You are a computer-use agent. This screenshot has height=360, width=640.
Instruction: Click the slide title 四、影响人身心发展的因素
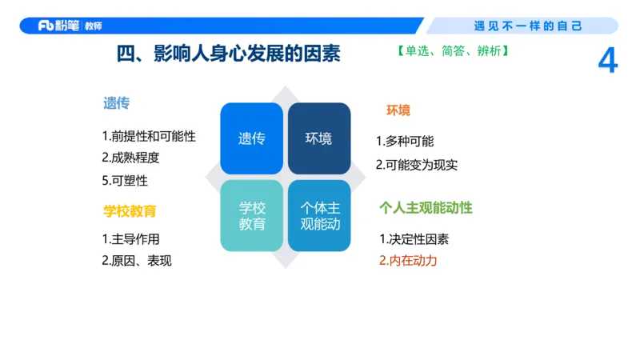point(229,54)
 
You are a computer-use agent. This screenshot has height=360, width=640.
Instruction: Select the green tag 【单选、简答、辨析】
point(453,51)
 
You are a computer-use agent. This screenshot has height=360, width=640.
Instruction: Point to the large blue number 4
point(608,62)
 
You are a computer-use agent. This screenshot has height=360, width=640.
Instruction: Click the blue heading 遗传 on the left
point(116,103)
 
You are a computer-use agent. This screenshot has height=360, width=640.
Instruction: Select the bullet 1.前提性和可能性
point(149,136)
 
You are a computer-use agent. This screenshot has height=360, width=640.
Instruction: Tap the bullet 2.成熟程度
point(130,158)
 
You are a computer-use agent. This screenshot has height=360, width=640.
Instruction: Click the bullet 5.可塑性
point(125,180)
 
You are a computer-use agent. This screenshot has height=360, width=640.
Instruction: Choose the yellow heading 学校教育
point(130,211)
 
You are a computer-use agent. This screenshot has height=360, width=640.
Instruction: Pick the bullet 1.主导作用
point(130,238)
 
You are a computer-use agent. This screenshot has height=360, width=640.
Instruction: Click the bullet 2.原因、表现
point(136,261)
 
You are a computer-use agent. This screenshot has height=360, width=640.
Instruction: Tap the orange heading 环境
point(398,110)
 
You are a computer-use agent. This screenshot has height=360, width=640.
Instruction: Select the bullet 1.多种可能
point(405,142)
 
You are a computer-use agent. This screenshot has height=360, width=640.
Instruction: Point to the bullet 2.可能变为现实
point(417,165)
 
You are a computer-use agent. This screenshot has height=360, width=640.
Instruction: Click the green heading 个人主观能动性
point(426,208)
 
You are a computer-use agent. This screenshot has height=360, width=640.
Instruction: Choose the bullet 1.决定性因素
point(414,239)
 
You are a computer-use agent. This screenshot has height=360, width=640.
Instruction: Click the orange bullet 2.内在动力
point(408,261)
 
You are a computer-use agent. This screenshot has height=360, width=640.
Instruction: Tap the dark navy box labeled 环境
point(318,138)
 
